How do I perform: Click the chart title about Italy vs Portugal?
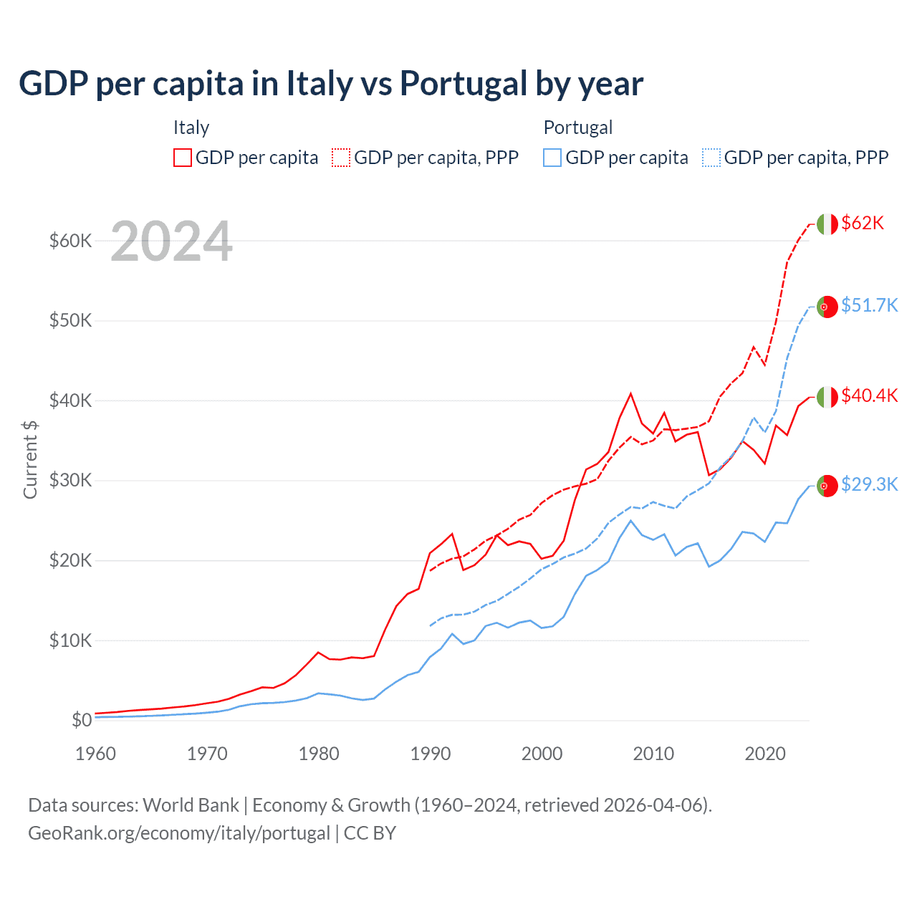tap(331, 83)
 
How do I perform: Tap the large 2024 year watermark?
tap(172, 241)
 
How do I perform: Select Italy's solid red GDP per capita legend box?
tap(183, 158)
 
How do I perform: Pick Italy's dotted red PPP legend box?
tap(341, 158)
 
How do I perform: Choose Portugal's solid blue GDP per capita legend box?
tap(552, 158)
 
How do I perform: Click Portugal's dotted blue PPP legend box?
tap(711, 158)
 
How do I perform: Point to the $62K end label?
tap(863, 224)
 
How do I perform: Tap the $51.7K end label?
tap(869, 306)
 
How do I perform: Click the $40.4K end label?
tap(869, 395)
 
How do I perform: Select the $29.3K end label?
tap(869, 485)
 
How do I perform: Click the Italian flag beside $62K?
tap(827, 224)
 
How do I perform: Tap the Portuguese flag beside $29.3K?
tap(827, 486)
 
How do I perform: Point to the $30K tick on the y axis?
tap(71, 480)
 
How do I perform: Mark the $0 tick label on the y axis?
tap(82, 720)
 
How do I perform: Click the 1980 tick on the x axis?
tap(319, 754)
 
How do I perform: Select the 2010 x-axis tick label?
tap(653, 754)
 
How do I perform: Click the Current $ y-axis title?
tap(30, 459)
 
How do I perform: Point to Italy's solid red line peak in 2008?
tap(630, 393)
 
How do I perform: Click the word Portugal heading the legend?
tap(578, 128)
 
